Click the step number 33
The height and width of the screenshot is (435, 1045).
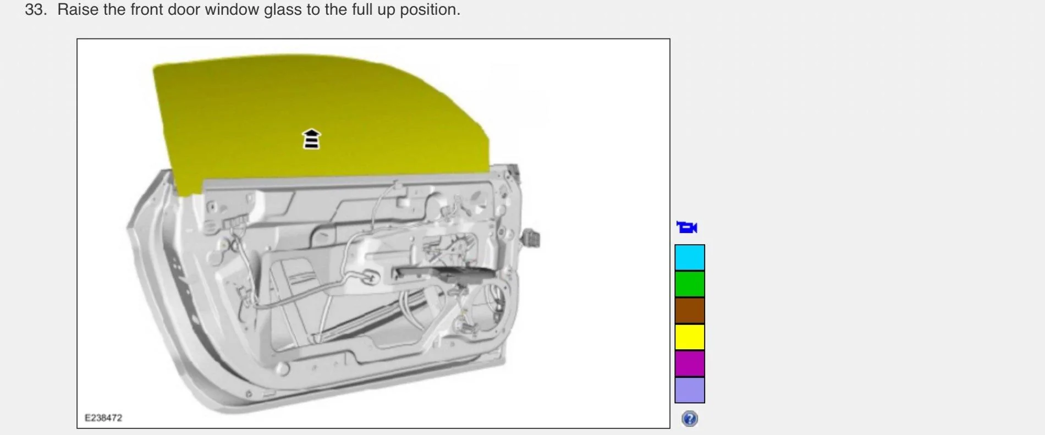(35, 10)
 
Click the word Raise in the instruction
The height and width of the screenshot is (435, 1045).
(78, 10)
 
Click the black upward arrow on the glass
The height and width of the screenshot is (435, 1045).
(311, 139)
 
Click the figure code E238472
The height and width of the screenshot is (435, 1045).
(103, 418)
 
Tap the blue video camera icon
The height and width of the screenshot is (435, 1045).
(687, 227)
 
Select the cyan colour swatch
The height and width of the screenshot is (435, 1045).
(690, 257)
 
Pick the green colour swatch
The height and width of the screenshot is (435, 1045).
(690, 284)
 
